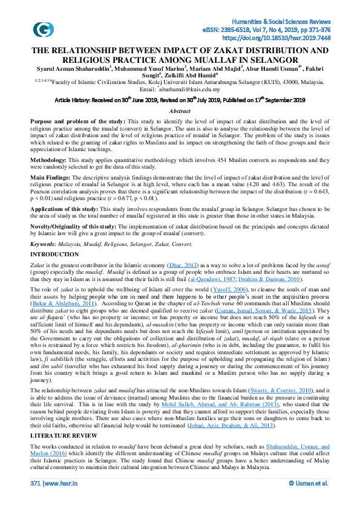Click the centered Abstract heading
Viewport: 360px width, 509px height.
tap(180, 111)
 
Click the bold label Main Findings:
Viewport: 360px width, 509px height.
tap(52, 178)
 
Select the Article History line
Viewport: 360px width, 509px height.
tap(180, 100)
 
